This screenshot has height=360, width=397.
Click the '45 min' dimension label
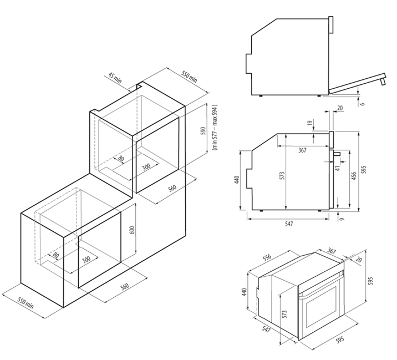point(115,78)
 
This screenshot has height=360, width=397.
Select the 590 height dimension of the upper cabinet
point(203,131)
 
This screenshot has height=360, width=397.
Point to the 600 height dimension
point(132,230)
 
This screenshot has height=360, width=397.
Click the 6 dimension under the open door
point(363,104)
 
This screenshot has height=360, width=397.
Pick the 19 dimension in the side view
point(309,123)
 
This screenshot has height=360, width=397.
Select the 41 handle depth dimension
point(338,168)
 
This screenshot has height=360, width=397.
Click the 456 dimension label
point(354,176)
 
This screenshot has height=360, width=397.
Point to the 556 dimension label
point(267,257)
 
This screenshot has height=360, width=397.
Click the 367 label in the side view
point(302,150)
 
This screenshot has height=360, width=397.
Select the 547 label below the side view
point(289,224)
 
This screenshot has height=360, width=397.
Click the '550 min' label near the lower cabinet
point(26,303)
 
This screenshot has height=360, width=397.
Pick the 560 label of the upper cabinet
point(172,187)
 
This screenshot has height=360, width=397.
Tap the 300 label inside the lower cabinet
point(86,259)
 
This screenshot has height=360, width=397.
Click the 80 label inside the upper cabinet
point(121,159)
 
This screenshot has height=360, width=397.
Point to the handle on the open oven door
point(383,82)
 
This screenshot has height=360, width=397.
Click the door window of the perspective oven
point(322,306)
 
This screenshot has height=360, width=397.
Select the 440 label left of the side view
point(237,180)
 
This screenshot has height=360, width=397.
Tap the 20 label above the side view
point(340,108)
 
